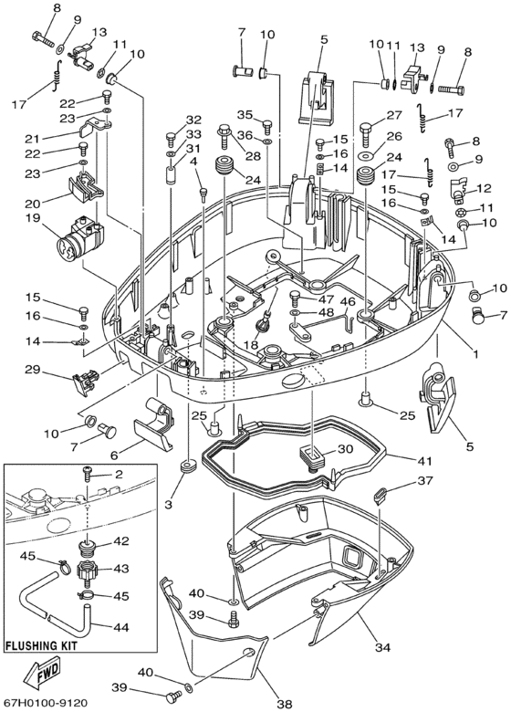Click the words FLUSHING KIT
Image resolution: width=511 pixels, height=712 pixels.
[x=41, y=645]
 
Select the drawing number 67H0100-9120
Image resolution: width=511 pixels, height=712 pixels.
[x=45, y=703]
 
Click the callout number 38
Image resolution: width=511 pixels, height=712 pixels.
[x=284, y=705]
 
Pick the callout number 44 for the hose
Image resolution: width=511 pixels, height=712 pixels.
[x=121, y=627]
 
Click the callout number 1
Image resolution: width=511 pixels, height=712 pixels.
[x=476, y=352]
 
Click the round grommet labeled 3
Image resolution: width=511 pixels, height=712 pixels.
[x=185, y=466]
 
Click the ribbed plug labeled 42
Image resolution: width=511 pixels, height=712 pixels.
[x=89, y=543]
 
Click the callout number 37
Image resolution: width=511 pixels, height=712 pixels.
[x=426, y=480]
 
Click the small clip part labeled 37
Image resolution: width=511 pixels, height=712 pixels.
[x=381, y=495]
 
